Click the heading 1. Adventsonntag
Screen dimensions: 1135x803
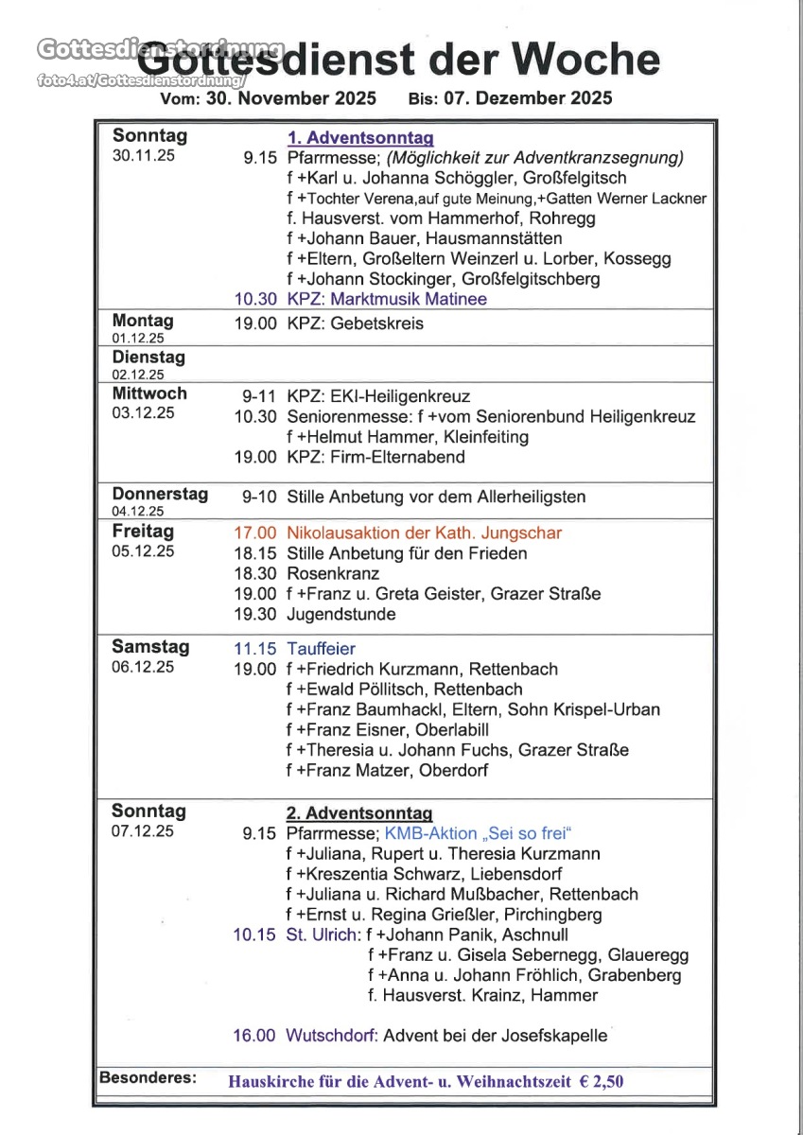coord(360,138)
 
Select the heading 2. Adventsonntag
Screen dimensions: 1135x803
coord(359,813)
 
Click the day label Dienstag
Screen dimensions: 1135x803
coord(148,358)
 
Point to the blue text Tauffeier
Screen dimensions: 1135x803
coord(322,649)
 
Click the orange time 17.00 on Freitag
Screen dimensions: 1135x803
coord(255,533)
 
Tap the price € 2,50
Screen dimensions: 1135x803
coord(602,1082)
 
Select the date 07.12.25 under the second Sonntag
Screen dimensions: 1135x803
coord(143,832)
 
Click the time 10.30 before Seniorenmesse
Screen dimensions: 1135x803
coord(255,417)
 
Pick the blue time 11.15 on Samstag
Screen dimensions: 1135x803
coord(255,649)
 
